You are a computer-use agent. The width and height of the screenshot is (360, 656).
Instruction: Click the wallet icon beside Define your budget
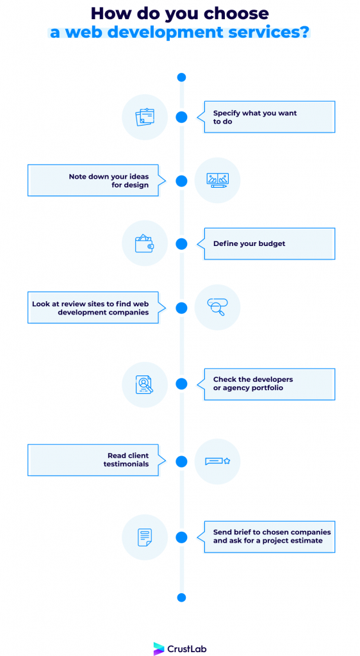pyautogui.click(x=144, y=243)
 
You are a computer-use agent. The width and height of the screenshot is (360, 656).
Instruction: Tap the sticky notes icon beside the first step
pyautogui.click(x=145, y=117)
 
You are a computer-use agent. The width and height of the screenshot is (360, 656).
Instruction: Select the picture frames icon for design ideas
pyautogui.click(x=217, y=180)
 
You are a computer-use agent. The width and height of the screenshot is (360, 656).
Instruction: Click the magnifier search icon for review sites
pyautogui.click(x=217, y=307)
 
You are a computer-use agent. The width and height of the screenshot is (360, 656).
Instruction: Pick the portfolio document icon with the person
pyautogui.click(x=144, y=384)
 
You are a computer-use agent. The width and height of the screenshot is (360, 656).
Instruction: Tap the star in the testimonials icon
pyautogui.click(x=227, y=461)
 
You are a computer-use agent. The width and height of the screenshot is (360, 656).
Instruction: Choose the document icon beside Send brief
pyautogui.click(x=145, y=537)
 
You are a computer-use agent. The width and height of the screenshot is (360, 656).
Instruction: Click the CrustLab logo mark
pyautogui.click(x=159, y=648)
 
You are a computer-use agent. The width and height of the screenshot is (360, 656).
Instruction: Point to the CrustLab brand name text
pyautogui.click(x=187, y=649)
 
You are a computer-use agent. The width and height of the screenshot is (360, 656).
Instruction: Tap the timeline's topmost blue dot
pyautogui.click(x=181, y=78)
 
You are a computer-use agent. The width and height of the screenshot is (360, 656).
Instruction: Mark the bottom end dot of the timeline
pyautogui.click(x=181, y=598)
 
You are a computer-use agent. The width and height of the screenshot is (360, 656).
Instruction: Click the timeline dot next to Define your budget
pyautogui.click(x=181, y=243)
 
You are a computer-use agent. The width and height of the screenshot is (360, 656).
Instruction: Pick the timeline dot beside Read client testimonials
pyautogui.click(x=181, y=461)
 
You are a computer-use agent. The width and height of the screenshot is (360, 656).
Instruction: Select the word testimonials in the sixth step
pyautogui.click(x=126, y=464)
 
